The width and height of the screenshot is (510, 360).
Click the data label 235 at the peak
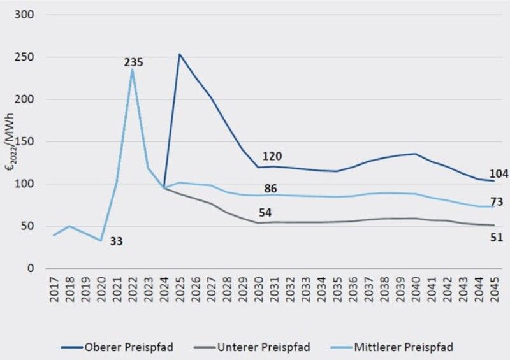click(x=133, y=62)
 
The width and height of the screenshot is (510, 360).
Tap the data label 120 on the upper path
click(x=272, y=156)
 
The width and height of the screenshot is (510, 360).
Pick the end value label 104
click(x=499, y=174)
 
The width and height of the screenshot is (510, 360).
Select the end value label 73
click(x=497, y=202)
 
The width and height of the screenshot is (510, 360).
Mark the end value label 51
click(x=497, y=238)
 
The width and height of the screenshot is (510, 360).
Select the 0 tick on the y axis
click(x=31, y=268)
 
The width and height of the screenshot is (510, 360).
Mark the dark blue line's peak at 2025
click(x=180, y=54)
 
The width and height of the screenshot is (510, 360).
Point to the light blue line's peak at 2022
click(x=133, y=69)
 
